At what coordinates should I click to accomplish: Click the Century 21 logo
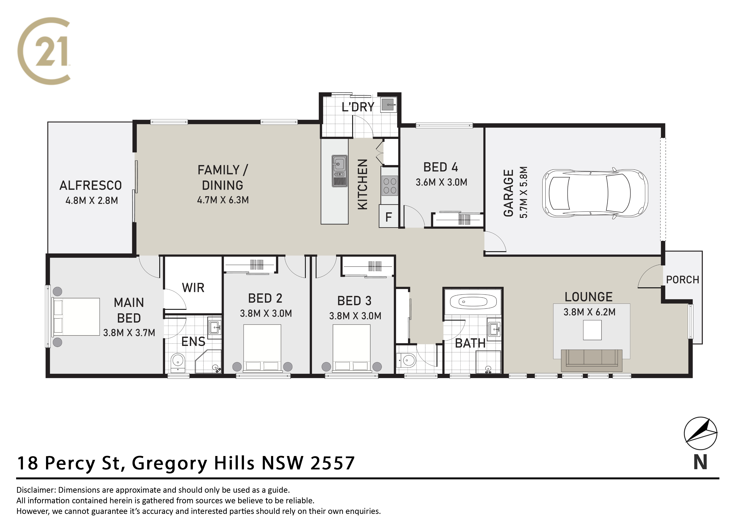pyautogui.click(x=44, y=51)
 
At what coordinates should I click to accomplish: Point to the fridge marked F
pyautogui.click(x=389, y=216)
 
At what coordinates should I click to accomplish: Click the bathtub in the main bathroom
pyautogui.click(x=473, y=302)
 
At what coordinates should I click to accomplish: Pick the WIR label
pyautogui.click(x=193, y=288)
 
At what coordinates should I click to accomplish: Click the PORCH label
pyautogui.click(x=682, y=280)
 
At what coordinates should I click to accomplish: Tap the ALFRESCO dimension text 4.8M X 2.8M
pyautogui.click(x=92, y=201)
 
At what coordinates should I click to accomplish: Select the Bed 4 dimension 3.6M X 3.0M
pyautogui.click(x=441, y=182)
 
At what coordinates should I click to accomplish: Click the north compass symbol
pyautogui.click(x=701, y=433)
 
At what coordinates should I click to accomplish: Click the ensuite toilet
pyautogui.click(x=178, y=362)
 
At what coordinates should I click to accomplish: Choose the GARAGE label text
pyautogui.click(x=508, y=193)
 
